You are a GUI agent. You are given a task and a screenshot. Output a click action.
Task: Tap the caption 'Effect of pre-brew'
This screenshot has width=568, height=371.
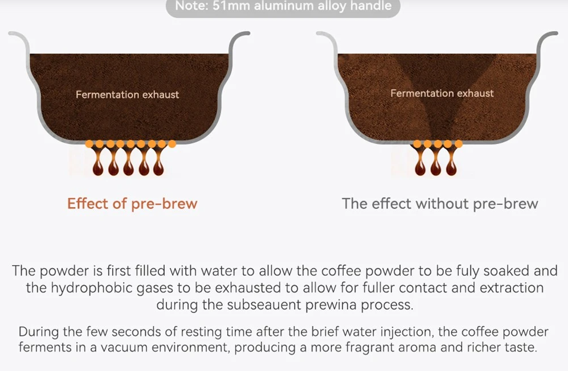[132, 204]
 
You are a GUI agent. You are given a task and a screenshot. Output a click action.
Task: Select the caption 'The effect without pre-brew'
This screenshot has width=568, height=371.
[440, 204]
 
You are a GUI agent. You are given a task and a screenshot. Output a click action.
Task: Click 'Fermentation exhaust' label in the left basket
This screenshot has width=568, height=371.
[127, 95]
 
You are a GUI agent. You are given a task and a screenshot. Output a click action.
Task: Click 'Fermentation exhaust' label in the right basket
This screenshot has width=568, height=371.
[442, 93]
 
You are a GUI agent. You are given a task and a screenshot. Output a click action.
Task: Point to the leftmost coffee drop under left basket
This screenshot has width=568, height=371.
[98, 168]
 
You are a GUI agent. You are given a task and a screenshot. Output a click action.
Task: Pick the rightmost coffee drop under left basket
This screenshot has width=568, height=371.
[158, 168]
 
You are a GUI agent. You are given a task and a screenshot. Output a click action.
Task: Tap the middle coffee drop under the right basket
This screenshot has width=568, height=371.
[436, 168]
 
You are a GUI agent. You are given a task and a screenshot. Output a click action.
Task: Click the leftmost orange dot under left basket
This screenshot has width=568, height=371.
[89, 144]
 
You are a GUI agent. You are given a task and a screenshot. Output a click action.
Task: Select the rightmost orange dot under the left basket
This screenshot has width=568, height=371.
[172, 144]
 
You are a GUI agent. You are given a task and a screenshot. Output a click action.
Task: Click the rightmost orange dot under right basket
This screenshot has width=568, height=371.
[458, 144]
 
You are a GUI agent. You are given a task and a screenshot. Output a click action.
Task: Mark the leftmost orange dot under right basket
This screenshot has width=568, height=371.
[417, 144]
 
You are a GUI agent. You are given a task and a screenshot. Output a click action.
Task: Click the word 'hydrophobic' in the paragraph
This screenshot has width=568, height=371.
[92, 288]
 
